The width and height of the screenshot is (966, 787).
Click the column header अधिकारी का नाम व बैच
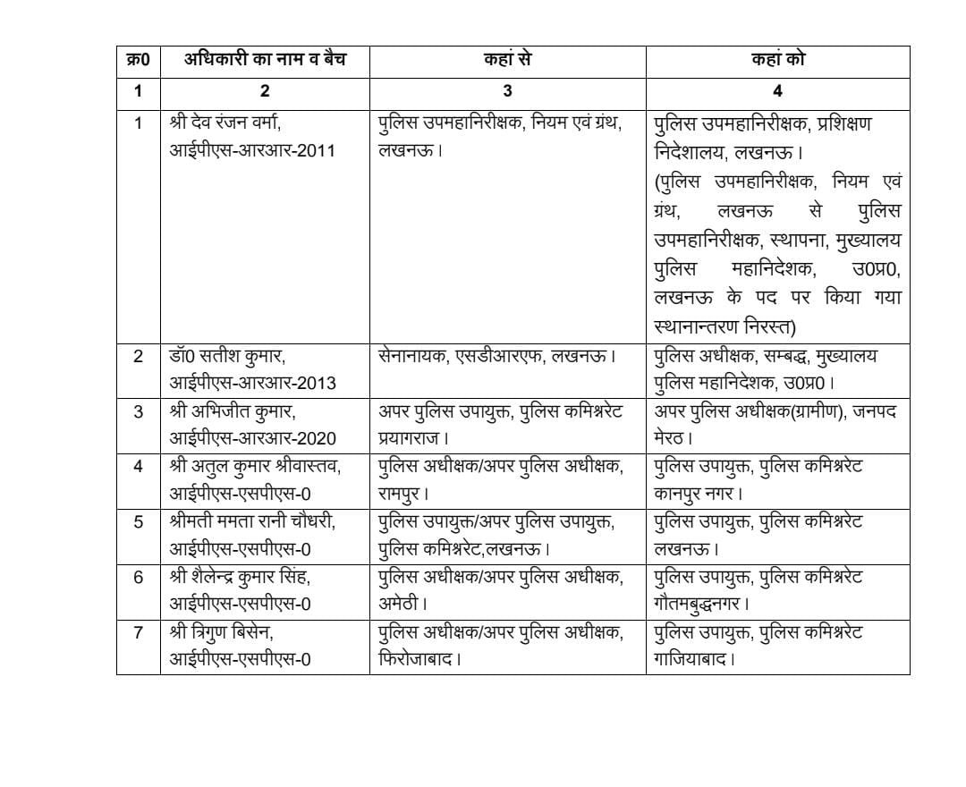(265, 61)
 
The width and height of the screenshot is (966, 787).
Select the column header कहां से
(507, 61)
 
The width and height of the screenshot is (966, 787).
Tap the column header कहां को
(777, 61)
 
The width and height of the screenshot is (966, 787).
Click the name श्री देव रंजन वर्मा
(229, 123)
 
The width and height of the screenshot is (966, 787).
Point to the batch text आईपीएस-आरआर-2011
(253, 149)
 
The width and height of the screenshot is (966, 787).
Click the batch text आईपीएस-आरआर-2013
(253, 383)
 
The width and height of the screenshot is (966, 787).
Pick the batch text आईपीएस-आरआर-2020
(253, 438)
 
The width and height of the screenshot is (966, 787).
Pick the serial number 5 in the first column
(138, 521)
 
